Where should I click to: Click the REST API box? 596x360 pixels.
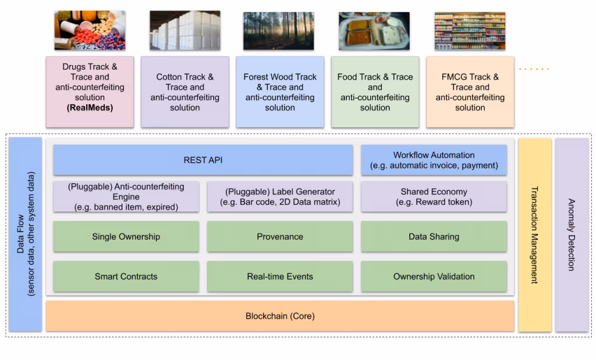(x=203, y=160)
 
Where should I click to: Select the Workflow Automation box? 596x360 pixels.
(x=434, y=160)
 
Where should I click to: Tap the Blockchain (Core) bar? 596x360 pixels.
(x=280, y=316)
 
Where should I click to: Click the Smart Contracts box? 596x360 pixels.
(x=126, y=276)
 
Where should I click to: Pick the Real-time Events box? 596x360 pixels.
(x=280, y=276)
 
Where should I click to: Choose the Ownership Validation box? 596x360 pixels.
(x=434, y=276)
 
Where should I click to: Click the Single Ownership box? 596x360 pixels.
(x=126, y=237)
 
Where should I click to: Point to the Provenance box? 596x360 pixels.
(x=280, y=237)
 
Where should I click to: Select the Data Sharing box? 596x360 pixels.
(x=434, y=237)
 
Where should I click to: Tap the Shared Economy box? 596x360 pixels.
(x=434, y=197)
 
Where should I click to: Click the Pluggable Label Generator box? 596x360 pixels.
(x=280, y=197)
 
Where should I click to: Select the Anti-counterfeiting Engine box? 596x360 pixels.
(x=126, y=197)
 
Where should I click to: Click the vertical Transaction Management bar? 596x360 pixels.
(x=534, y=235)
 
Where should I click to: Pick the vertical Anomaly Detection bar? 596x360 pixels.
(x=572, y=235)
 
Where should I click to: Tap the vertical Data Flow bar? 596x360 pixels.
(x=25, y=235)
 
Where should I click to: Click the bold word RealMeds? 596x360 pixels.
(x=90, y=108)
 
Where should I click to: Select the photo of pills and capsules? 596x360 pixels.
(x=90, y=30)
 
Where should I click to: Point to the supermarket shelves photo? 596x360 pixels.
(x=469, y=30)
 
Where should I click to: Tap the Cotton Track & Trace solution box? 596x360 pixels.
(x=185, y=92)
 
